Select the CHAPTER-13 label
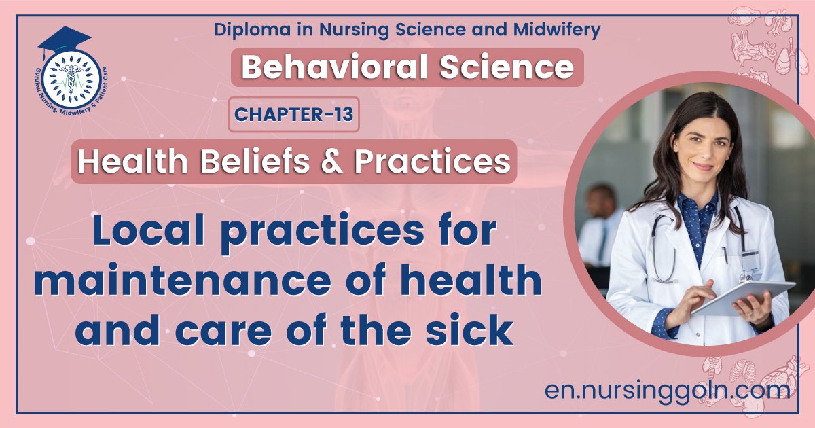[x=294, y=114]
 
